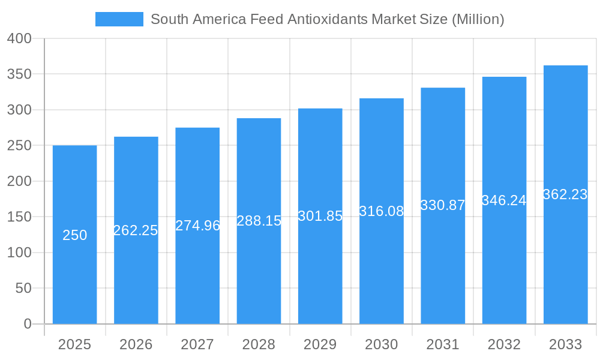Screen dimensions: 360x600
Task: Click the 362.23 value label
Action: (x=565, y=194)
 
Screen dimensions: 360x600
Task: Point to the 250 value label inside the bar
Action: (x=75, y=235)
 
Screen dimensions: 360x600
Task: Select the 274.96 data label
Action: (x=197, y=226)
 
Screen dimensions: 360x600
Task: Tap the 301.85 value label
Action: (x=320, y=216)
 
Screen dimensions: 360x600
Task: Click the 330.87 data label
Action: (x=443, y=205)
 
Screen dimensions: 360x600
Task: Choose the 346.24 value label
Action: (x=504, y=200)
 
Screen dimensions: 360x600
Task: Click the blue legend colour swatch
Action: (x=119, y=19)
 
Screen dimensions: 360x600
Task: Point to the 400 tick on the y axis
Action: (x=19, y=38)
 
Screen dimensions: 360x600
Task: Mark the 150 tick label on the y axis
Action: (x=19, y=217)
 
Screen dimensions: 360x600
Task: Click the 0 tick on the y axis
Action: (x=28, y=324)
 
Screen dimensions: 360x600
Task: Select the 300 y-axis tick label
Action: (x=19, y=110)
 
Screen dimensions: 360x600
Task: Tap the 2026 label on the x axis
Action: (x=136, y=344)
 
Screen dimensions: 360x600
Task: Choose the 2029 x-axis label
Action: (x=320, y=344)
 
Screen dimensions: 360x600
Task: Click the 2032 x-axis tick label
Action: (x=504, y=344)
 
